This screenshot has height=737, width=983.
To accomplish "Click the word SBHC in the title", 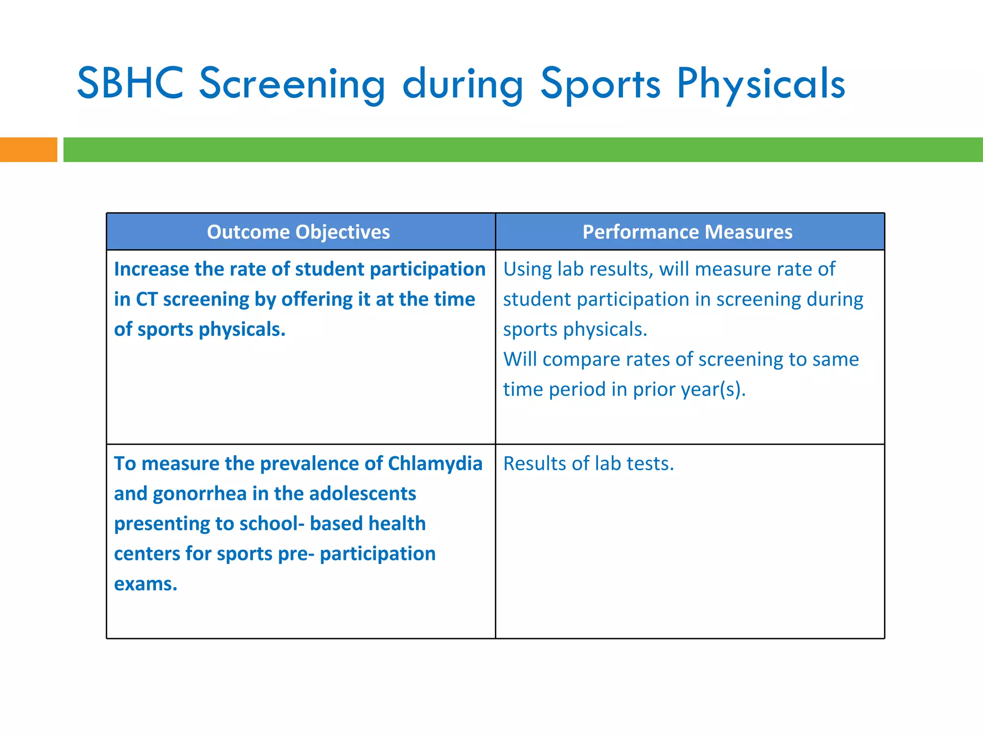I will click(x=130, y=83).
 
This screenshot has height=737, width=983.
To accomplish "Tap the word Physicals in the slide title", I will click(x=761, y=84).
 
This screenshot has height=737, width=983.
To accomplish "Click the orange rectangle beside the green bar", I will click(x=28, y=150).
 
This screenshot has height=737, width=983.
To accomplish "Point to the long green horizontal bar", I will click(x=523, y=150).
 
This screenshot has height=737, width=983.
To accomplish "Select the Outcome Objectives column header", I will click(x=298, y=232).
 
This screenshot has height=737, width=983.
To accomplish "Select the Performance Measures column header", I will click(x=687, y=232).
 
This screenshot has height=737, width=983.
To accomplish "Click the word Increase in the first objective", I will click(x=151, y=269).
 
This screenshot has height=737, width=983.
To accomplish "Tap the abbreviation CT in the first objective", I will click(x=146, y=299).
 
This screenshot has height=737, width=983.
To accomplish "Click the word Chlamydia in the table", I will click(x=435, y=464).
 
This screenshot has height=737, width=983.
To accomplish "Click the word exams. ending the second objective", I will click(x=145, y=584).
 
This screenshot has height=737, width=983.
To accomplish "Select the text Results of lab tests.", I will click(x=588, y=464).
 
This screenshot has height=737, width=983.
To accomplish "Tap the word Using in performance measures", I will click(x=527, y=270).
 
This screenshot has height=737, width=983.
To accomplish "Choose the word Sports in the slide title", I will click(x=600, y=84).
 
